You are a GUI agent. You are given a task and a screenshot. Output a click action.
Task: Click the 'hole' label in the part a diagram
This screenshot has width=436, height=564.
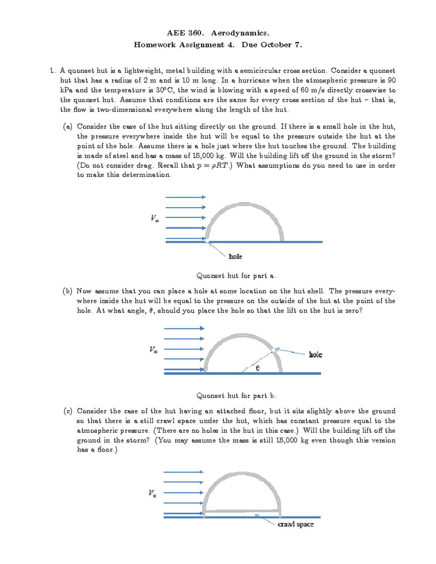(x=235, y=256)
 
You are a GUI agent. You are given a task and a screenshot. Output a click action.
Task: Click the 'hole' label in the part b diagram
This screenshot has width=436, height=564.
(x=315, y=354)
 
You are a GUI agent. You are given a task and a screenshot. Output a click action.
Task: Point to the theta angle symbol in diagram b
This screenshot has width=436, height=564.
(x=258, y=368)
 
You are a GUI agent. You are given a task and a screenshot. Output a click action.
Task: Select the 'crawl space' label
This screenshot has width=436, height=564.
(x=295, y=524)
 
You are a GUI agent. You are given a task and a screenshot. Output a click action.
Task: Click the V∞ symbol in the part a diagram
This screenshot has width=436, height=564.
(x=155, y=218)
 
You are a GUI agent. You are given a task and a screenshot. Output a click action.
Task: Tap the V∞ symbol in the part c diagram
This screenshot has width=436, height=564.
(x=152, y=493)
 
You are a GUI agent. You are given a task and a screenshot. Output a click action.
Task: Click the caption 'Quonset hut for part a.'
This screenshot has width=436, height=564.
(x=236, y=276)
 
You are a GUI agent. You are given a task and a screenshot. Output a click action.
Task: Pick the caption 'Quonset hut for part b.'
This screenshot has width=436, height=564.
(x=236, y=396)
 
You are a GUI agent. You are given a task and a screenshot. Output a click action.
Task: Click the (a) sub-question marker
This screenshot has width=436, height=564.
(x=68, y=127)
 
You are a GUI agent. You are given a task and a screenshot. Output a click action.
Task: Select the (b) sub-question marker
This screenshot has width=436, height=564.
(x=68, y=291)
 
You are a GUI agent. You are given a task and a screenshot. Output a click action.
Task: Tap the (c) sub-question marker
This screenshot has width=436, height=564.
(x=68, y=411)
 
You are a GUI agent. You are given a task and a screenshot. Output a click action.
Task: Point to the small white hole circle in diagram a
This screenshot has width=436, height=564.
(x=207, y=240)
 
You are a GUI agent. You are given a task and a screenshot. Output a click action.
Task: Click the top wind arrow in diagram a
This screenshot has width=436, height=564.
(x=185, y=197)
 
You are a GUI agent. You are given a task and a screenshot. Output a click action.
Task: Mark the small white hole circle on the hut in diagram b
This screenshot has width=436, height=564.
(x=274, y=350)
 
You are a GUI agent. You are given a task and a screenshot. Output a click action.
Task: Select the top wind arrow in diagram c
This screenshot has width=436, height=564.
(x=183, y=472)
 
